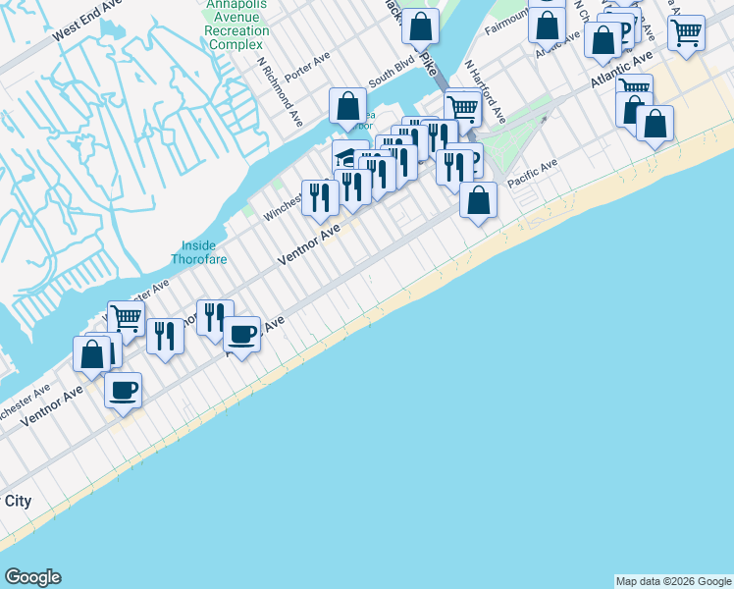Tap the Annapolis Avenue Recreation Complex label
coord(236,25)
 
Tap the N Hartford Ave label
coord(485,93)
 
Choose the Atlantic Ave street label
coord(621,73)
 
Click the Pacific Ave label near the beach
coord(532,172)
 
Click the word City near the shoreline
coord(18,501)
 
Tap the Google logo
coord(32,577)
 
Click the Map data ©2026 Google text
coord(673,581)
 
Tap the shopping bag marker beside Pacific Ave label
coord(478,200)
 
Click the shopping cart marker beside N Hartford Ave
coord(461,106)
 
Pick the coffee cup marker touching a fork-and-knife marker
coord(241,333)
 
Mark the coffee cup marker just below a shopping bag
coord(124,389)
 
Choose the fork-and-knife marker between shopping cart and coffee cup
coord(165,335)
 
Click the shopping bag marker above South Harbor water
coord(347,105)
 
